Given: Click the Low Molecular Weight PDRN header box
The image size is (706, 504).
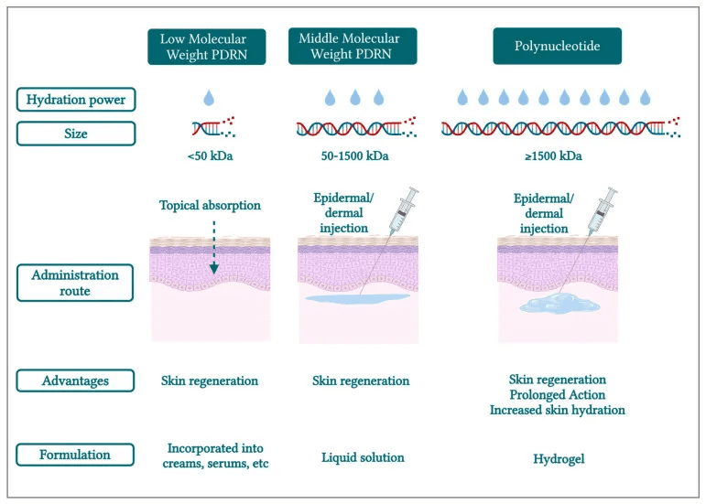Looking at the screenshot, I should [207, 47].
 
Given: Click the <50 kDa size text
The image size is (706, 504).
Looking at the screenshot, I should [210, 155].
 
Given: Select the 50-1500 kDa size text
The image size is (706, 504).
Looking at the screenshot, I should [353, 155].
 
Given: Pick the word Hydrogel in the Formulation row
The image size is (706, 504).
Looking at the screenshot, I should [559, 457].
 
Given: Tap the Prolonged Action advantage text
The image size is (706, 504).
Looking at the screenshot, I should [557, 394].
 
